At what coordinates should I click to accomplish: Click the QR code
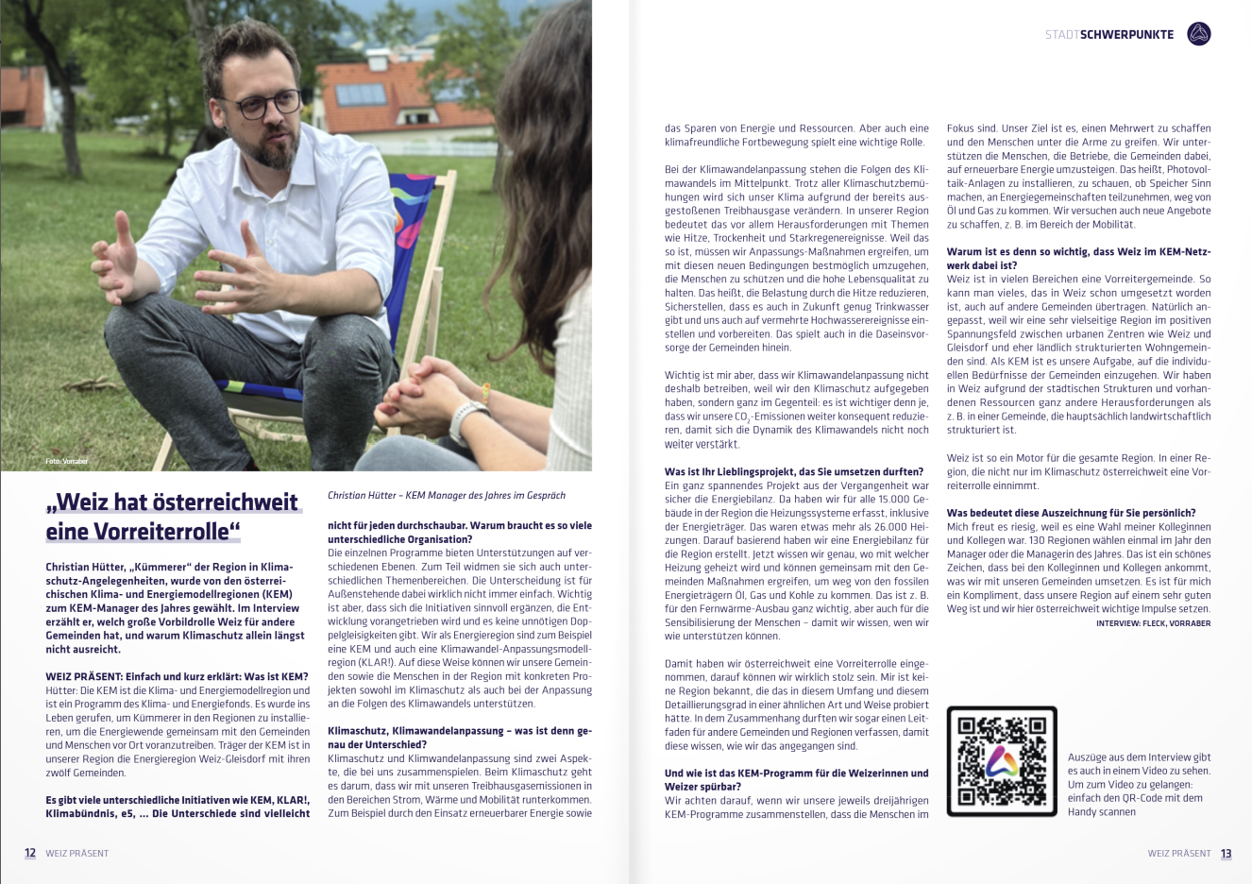1001,761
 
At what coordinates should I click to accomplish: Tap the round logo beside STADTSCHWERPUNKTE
1198,34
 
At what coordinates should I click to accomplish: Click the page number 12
30,853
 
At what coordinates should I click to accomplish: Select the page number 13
1226,853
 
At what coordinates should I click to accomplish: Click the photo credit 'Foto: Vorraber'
66,461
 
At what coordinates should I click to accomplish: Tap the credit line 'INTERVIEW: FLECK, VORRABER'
1153,623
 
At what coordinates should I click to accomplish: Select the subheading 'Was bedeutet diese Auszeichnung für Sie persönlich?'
1071,513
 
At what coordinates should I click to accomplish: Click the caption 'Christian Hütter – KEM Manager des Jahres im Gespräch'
447,495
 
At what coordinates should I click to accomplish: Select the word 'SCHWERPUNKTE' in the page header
1126,34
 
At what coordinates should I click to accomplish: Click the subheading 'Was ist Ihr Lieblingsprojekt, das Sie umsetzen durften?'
793,471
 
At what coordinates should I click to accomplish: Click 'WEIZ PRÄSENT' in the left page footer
77,853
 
